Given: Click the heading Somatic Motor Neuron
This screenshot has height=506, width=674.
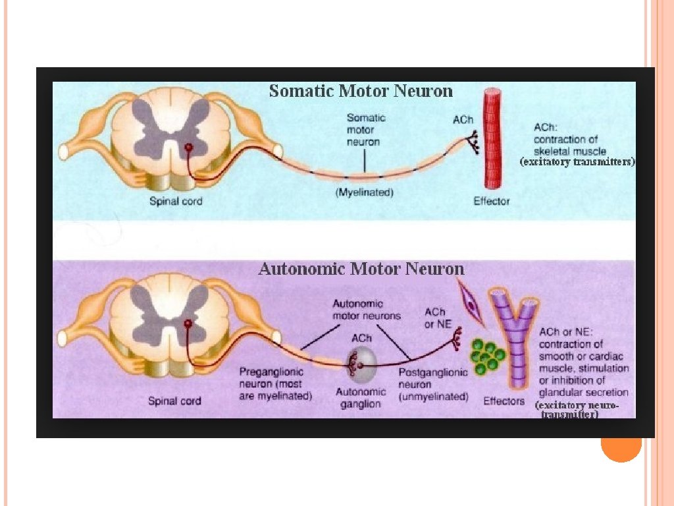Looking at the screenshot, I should [x=361, y=91].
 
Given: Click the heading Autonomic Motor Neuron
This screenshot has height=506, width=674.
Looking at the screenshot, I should [x=361, y=269].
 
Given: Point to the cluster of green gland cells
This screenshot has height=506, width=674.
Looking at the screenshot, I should [x=488, y=356].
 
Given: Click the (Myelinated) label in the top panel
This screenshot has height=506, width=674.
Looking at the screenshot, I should [x=365, y=192].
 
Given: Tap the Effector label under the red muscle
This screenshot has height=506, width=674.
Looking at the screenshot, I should [x=492, y=201].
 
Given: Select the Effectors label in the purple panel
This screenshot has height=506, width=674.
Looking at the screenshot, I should [x=504, y=401].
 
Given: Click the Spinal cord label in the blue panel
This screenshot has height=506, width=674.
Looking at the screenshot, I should [x=175, y=201].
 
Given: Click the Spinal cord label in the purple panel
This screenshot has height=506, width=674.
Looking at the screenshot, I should [x=174, y=401].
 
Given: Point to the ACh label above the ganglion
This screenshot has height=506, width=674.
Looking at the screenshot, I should [x=361, y=338].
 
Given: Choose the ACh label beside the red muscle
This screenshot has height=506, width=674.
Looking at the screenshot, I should [x=463, y=120].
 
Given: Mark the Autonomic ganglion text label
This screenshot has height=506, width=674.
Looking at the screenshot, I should [x=360, y=397].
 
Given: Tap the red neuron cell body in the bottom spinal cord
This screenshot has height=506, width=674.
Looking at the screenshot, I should [x=188, y=324].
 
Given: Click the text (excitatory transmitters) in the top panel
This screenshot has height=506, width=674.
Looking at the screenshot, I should [x=577, y=161].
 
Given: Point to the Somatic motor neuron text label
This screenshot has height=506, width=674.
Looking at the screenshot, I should [x=366, y=129].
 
